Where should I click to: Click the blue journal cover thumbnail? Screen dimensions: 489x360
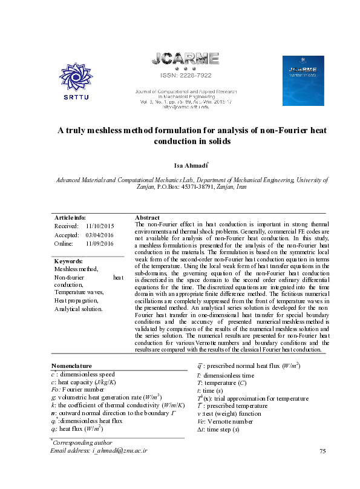pos(300,76)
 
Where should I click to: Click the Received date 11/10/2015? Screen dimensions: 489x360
pos(100,226)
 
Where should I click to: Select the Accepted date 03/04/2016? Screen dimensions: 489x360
pos(100,235)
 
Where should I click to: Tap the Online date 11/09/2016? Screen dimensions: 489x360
pos(100,243)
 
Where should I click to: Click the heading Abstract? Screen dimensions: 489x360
pos(147,217)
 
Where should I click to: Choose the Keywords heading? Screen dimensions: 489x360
pos(68,261)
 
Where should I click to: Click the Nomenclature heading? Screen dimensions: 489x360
pos(71,366)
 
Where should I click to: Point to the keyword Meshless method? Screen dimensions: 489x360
pos(76,269)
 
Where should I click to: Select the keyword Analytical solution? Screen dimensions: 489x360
pos(78,309)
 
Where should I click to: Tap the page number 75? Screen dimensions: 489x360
pos(322,468)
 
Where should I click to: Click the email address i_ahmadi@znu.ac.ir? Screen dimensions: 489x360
pos(119,468)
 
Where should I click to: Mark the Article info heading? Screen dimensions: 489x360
pos(70,217)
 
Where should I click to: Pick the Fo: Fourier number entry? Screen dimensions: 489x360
pos(71,389)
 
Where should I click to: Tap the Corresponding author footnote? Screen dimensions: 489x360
pos(83,460)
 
